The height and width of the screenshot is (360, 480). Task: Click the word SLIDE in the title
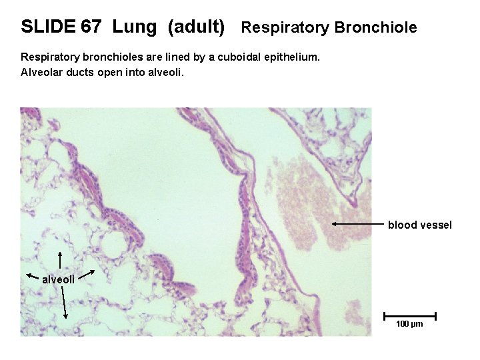coord(48,27)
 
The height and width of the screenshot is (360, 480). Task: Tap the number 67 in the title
coord(91,27)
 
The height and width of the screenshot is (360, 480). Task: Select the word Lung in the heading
coord(135,27)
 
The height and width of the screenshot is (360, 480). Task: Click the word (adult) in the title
coord(196,27)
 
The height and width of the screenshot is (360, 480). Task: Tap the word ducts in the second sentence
coord(85,72)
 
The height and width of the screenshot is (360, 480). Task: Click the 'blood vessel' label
coord(419,225)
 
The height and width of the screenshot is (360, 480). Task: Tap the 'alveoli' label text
coord(59,279)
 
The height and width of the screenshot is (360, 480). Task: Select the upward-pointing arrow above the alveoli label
coord(61,259)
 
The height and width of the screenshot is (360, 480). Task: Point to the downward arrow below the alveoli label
coord(64,303)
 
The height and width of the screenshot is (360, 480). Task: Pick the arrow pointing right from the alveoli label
coord(91,274)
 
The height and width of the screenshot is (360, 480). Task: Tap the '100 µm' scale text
coord(409,324)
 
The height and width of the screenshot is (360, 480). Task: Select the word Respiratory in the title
coord(285,27)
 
